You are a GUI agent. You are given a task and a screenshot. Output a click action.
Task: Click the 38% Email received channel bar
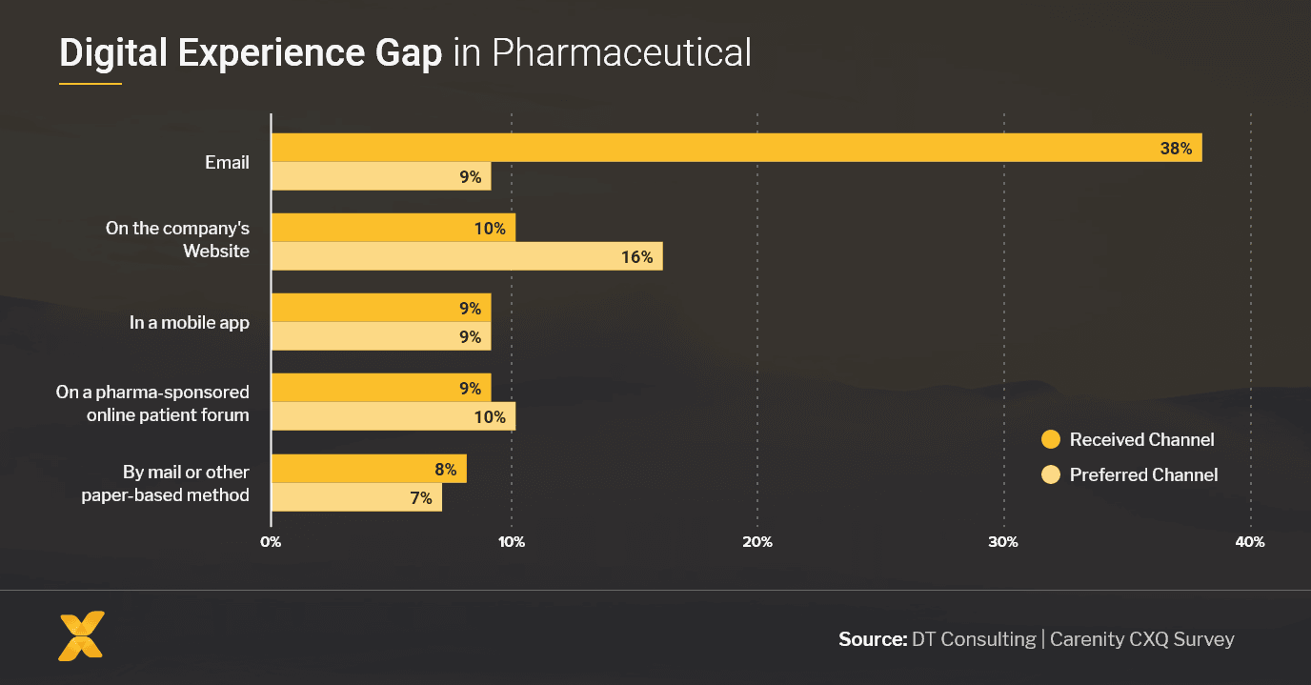pyautogui.click(x=736, y=148)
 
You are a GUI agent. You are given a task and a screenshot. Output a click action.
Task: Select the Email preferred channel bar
pyautogui.click(x=381, y=176)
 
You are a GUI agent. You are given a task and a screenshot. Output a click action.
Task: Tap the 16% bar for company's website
pyautogui.click(x=467, y=256)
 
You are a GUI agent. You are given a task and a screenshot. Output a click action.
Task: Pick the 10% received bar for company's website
pyautogui.click(x=393, y=228)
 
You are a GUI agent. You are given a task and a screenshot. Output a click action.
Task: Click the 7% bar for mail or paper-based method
pyautogui.click(x=356, y=497)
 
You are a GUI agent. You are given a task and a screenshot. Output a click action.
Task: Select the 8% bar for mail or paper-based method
pyautogui.click(x=369, y=469)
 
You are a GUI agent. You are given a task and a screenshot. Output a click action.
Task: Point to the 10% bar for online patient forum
pyautogui.click(x=393, y=416)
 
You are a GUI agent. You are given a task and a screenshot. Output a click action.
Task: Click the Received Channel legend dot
pyautogui.click(x=1051, y=439)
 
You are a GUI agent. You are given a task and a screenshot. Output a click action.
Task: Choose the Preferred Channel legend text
pyautogui.click(x=1143, y=474)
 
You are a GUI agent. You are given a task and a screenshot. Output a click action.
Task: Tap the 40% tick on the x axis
pyautogui.click(x=1249, y=542)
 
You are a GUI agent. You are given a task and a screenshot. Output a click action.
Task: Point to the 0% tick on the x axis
pyautogui.click(x=271, y=542)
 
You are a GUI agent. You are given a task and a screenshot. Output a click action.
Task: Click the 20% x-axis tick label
pyautogui.click(x=756, y=542)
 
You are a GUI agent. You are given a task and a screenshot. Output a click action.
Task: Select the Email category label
pyautogui.click(x=227, y=163)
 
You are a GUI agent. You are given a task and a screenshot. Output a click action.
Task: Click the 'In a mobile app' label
pyautogui.click(x=190, y=323)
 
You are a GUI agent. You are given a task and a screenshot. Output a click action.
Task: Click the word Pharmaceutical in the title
pyautogui.click(x=621, y=53)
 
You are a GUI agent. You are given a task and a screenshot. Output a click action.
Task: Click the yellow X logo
pyautogui.click(x=82, y=635)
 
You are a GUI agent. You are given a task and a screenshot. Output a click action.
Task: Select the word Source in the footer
pyautogui.click(x=872, y=639)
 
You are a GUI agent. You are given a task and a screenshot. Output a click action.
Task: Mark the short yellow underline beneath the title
pyautogui.click(x=91, y=84)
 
